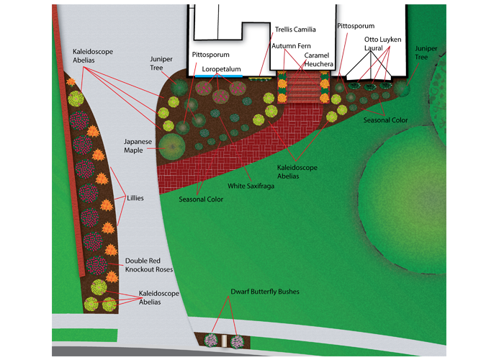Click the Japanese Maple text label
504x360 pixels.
[138, 146]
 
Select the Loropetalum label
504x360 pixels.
[220, 69]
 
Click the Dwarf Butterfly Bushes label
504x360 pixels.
[264, 292]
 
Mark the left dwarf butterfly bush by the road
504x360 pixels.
[212, 340]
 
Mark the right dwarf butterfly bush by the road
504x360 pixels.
[238, 340]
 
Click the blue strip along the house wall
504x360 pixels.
[220, 75]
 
